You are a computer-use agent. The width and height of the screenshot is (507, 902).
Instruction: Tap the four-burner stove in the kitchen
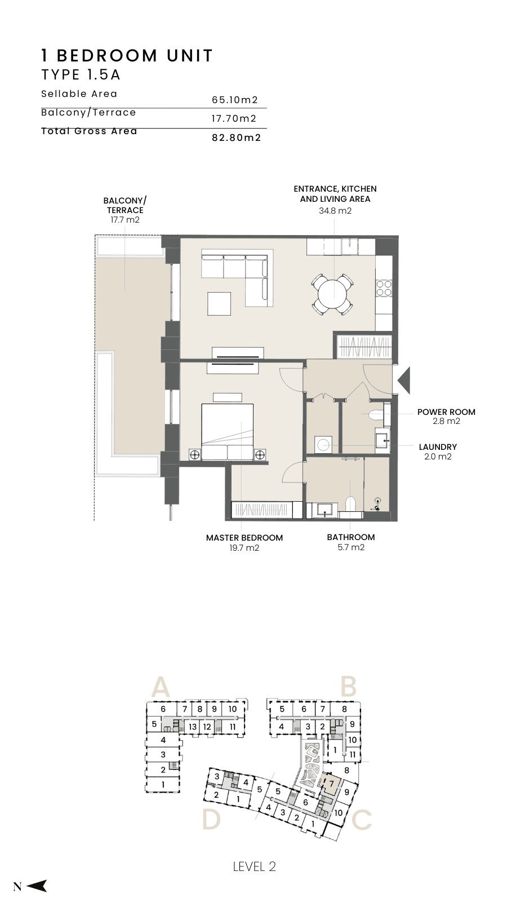(384, 288)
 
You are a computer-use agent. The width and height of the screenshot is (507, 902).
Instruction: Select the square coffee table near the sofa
(219, 304)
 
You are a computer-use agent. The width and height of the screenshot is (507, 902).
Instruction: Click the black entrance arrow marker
(403, 380)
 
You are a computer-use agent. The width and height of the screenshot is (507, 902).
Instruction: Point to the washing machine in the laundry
(323, 445)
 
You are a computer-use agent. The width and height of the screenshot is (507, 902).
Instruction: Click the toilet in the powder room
(376, 414)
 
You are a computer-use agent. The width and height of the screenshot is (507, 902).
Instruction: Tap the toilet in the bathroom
(351, 505)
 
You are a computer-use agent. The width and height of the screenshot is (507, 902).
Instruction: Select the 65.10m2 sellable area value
(234, 100)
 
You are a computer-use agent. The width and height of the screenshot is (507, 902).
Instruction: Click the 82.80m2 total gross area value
(237, 138)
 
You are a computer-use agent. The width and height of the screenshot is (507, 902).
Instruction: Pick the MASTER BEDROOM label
(244, 538)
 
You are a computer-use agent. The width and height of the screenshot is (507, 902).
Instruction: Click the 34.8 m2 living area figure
(335, 211)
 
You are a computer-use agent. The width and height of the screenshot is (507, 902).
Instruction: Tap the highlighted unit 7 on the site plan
(332, 784)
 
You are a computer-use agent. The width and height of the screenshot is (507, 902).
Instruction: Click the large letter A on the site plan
(160, 687)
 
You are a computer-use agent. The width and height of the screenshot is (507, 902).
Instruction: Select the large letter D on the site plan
(211, 820)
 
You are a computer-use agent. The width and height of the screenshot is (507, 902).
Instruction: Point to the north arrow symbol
(37, 886)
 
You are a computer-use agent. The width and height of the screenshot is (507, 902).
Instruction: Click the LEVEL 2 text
(254, 866)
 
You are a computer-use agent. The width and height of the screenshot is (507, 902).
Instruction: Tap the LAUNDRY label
(438, 447)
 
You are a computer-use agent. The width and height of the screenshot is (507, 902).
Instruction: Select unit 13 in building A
(193, 727)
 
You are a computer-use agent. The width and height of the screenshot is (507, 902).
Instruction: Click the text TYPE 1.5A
(81, 75)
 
